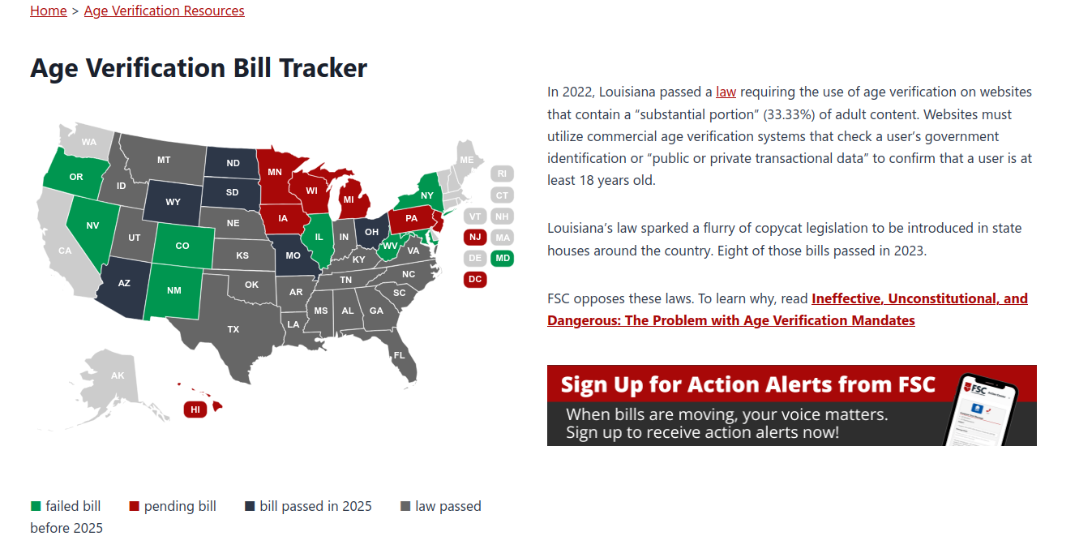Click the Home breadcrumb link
point(49,11)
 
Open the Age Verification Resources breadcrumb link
point(165,11)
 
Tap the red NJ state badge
point(475,238)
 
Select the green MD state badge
point(503,258)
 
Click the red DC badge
point(475,280)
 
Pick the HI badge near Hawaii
point(195,410)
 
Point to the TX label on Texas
point(233,329)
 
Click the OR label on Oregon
point(76,177)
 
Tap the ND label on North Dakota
point(233,163)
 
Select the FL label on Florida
point(399,355)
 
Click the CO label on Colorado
point(182,247)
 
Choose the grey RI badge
point(502,174)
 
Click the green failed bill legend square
point(36,506)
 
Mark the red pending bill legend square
point(134,506)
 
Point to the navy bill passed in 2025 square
point(250,506)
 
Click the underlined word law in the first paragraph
point(726,92)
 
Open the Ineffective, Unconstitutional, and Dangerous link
point(787,310)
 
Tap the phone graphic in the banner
point(981,410)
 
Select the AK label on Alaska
point(118,376)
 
